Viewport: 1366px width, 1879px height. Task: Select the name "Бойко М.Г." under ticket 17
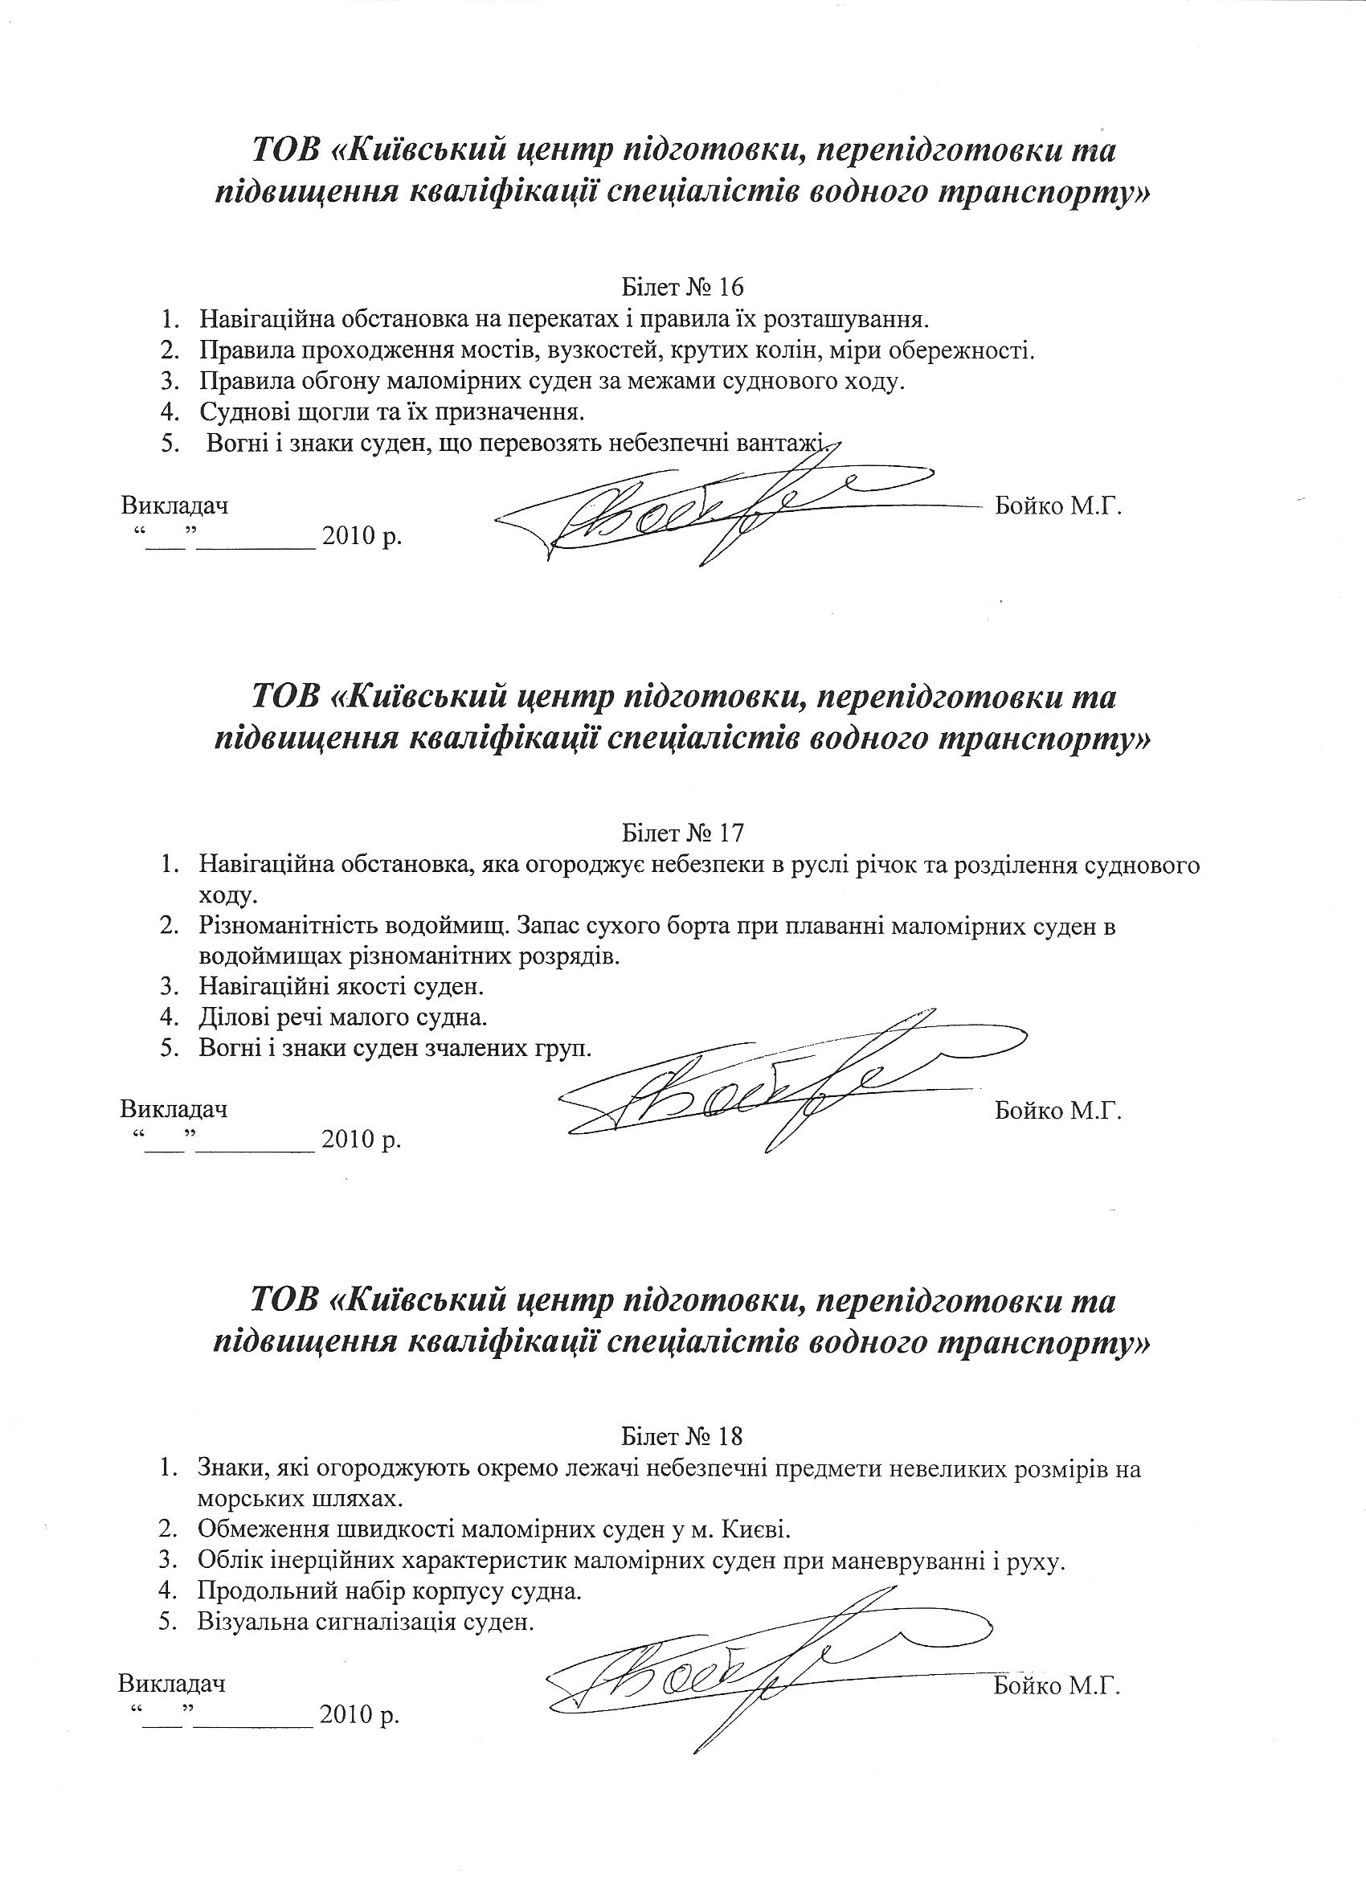click(1057, 1109)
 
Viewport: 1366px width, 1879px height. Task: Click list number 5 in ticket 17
click(170, 1048)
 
